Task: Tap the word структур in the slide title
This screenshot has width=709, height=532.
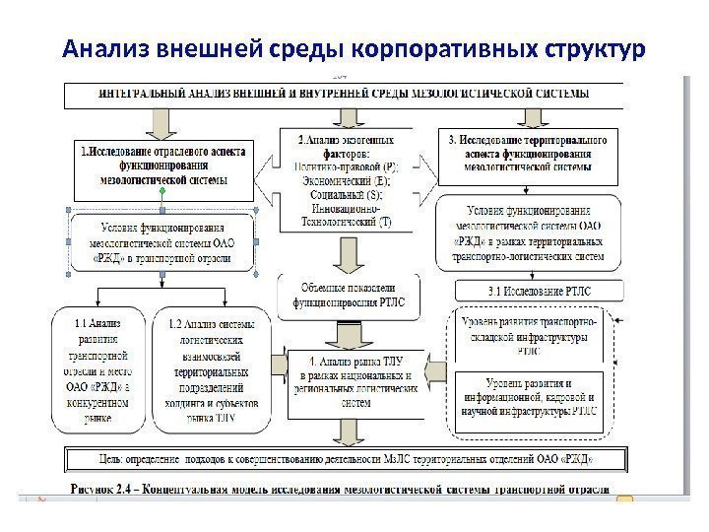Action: point(590,48)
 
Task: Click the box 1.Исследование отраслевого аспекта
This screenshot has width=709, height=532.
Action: point(164,166)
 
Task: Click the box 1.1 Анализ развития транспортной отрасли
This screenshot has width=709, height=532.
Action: point(97,369)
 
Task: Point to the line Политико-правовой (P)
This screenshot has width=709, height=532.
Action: point(345,167)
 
